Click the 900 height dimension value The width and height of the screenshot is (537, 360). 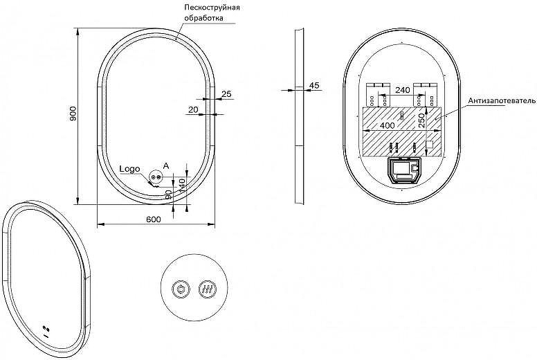coord(73,114)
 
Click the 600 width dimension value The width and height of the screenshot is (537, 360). coord(154,219)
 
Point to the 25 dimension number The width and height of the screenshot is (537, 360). coord(226,93)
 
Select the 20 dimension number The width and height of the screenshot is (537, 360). coord(193,109)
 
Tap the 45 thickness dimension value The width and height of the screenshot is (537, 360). coord(314,85)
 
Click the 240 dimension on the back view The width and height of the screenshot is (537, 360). coord(403,90)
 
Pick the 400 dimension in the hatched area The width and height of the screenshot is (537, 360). coord(388,126)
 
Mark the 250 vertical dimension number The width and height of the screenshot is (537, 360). coord(421,120)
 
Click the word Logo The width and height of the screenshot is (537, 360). coord(130,169)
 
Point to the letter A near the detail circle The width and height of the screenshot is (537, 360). coord(166,166)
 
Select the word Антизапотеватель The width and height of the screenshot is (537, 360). coord(502,100)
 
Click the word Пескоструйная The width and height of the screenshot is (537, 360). coord(212,8)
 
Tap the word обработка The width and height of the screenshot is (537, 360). coord(203,18)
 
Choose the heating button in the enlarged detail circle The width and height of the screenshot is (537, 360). coord(208,289)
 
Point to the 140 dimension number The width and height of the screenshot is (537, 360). coord(182,185)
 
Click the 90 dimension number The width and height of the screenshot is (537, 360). coord(168,195)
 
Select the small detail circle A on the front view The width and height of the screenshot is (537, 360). coord(156,177)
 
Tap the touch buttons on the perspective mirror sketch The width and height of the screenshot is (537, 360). coord(46,328)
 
